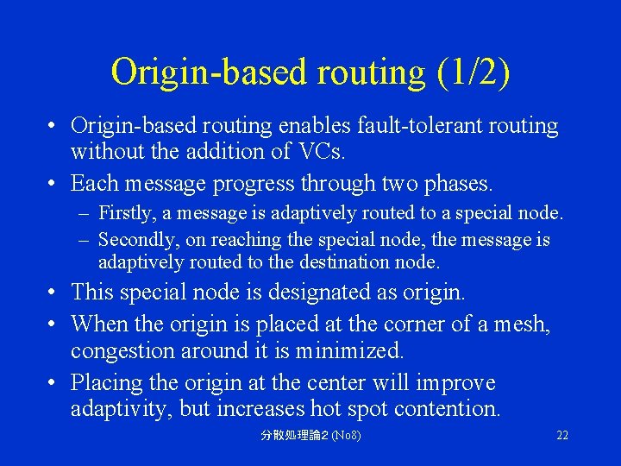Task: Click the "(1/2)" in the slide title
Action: coord(474,72)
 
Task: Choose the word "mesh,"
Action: coord(522,324)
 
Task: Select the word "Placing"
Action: coord(105,382)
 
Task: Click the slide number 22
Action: coord(562,435)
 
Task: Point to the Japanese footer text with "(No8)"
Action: coord(310,435)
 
